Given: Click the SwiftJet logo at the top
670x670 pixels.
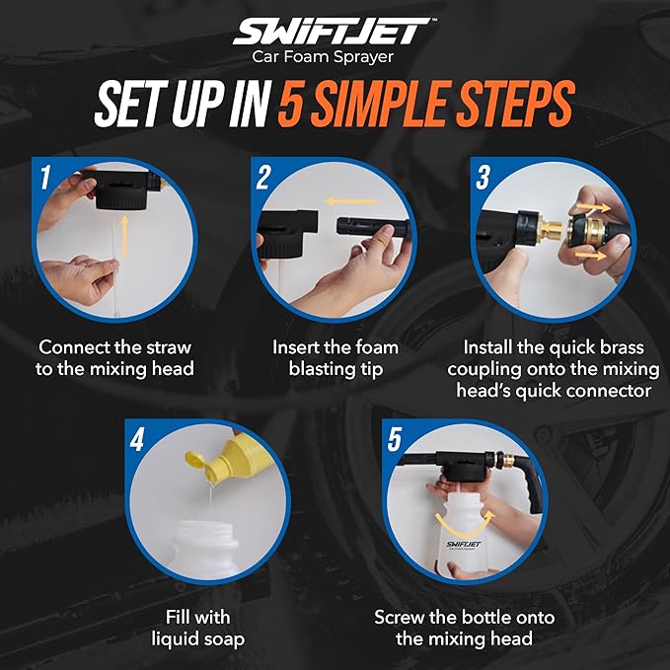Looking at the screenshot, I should click(x=335, y=32).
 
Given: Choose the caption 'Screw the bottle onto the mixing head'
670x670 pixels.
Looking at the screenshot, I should click(x=464, y=629).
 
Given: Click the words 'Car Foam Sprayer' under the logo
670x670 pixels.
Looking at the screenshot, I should click(x=335, y=57).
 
